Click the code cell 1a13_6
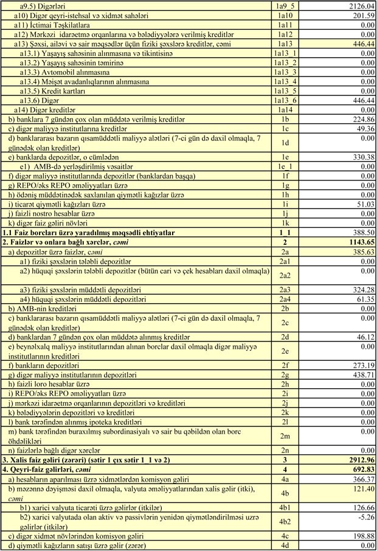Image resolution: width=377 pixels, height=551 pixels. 286,100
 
